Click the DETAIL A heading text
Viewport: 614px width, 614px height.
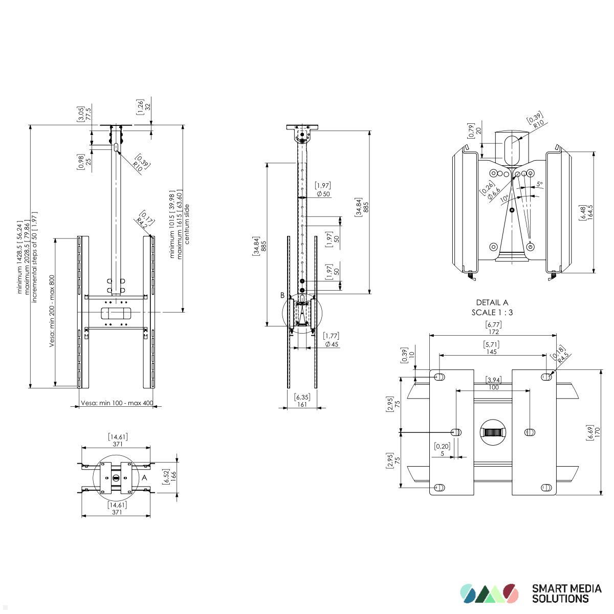pos(492,302)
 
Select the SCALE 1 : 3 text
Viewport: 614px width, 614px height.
pos(492,312)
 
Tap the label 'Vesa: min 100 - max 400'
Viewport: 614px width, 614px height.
pos(117,403)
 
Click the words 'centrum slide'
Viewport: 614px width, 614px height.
pos(187,224)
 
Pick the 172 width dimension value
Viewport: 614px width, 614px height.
pos(493,332)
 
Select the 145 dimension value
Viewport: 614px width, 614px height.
pos(491,352)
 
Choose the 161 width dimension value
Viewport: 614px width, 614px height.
pos(302,404)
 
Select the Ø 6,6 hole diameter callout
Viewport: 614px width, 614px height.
pos(493,193)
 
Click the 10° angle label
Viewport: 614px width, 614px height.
pos(505,198)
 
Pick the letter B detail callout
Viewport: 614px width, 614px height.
pos(282,295)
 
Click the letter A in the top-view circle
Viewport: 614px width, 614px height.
pos(144,477)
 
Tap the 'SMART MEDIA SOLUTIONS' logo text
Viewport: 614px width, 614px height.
pos(566,594)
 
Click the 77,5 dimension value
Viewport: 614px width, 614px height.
pos(88,113)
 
